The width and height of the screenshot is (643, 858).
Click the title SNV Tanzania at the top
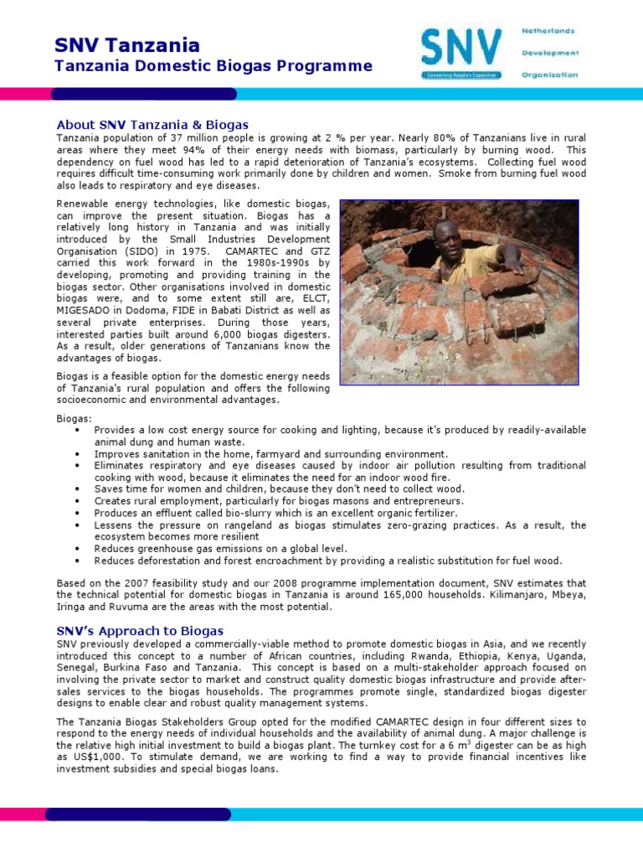point(127,44)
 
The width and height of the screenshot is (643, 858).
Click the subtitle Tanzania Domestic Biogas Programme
point(213,66)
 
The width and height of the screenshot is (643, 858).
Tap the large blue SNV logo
point(461,50)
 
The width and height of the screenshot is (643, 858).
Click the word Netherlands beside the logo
point(548,31)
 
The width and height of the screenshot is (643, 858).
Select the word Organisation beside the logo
point(549,75)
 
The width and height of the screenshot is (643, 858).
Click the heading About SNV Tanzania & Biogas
point(152,124)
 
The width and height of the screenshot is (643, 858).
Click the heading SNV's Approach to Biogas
point(140,630)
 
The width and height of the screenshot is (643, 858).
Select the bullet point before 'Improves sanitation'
point(77,453)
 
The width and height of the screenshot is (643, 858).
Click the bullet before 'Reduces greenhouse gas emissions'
point(77,548)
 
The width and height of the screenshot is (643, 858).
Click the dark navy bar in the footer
point(138,814)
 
